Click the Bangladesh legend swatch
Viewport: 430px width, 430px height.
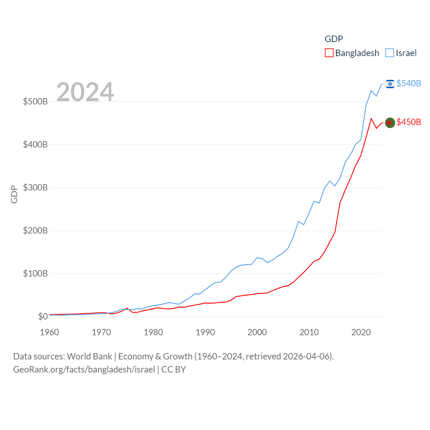[329, 53]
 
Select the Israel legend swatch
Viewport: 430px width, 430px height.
[390, 53]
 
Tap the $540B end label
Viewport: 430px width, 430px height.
[408, 83]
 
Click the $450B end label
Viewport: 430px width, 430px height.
[408, 122]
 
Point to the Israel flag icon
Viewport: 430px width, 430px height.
[390, 84]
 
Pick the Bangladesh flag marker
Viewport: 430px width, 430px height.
[390, 123]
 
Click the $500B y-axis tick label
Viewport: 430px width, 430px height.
[35, 101]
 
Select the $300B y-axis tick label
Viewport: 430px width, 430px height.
[35, 187]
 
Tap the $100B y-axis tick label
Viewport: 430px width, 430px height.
[35, 273]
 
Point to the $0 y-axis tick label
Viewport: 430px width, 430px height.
[43, 316]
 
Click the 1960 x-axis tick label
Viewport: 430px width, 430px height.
[49, 332]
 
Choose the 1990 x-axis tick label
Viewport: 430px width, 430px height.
[205, 332]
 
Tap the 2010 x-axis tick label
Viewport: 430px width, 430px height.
[309, 332]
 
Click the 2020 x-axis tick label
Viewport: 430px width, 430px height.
[361, 332]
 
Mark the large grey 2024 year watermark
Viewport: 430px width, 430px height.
[85, 92]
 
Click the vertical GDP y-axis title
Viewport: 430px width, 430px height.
[14, 195]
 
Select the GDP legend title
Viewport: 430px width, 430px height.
[334, 39]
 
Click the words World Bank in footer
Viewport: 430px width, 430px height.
[89, 356]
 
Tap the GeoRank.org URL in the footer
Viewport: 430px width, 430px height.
[84, 370]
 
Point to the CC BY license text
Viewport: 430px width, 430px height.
[174, 370]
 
